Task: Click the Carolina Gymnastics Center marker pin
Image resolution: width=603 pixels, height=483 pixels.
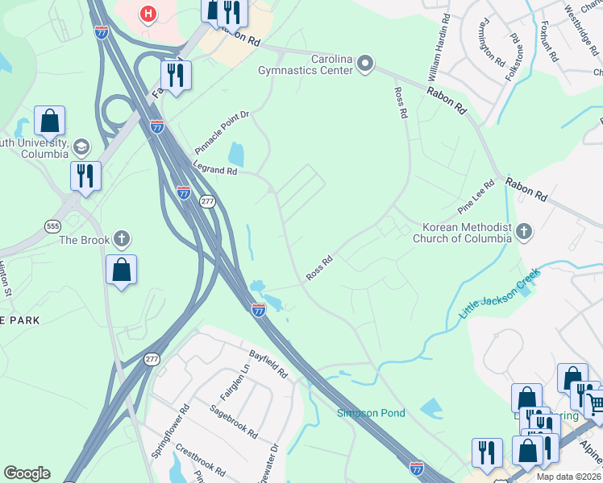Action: [x=365, y=64]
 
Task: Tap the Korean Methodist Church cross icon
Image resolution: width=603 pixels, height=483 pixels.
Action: [x=523, y=233]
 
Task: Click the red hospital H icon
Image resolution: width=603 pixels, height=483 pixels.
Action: [x=148, y=14]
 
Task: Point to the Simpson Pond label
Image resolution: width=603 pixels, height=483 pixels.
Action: [x=371, y=413]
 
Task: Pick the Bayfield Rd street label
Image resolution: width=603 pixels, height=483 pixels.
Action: [x=268, y=363]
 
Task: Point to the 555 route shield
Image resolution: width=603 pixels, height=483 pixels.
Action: [x=53, y=226]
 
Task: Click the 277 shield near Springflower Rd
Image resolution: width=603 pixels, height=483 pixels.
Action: [x=152, y=359]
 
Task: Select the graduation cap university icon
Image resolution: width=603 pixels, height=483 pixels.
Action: [x=81, y=147]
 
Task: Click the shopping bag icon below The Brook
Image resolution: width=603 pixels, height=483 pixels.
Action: [x=121, y=270]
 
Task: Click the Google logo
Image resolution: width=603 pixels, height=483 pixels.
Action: [x=27, y=473]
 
